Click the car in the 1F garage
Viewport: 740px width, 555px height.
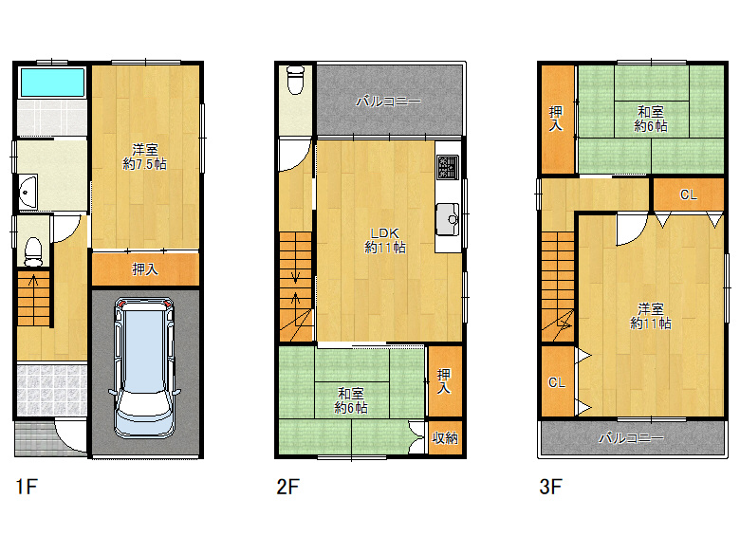(144, 368)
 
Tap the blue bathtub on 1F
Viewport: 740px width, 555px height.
(52, 83)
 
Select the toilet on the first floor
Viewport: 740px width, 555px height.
(33, 252)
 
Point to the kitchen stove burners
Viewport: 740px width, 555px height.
(448, 168)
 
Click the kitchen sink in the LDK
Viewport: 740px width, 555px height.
(448, 219)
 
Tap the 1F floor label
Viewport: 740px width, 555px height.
(27, 487)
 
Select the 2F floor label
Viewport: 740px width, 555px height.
(287, 487)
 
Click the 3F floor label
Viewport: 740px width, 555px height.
(551, 487)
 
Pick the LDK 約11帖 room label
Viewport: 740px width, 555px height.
(385, 240)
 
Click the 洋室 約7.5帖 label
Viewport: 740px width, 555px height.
(144, 157)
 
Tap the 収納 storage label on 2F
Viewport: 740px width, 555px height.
(445, 438)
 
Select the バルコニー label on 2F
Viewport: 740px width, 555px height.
(388, 101)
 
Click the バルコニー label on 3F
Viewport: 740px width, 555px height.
(631, 438)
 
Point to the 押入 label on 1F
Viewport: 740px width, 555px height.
(145, 269)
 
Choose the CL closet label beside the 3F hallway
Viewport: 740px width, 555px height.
(688, 194)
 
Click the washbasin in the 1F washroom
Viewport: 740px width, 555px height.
(28, 192)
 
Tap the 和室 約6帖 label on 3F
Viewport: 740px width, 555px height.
(651, 119)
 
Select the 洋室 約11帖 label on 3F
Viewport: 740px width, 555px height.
(651, 316)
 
